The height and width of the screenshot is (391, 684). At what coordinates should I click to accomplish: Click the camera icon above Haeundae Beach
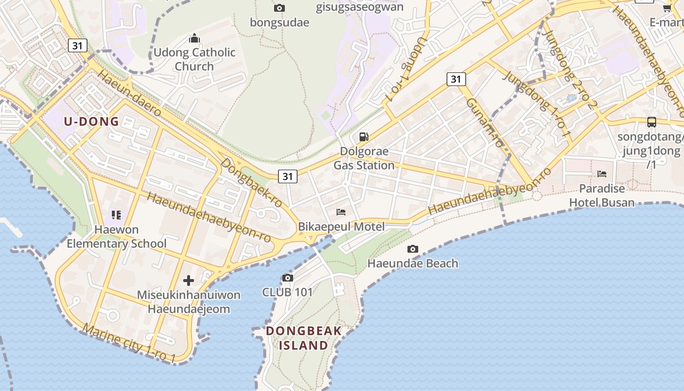[x=413, y=249]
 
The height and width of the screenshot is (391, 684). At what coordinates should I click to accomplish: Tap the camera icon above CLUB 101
[x=288, y=278]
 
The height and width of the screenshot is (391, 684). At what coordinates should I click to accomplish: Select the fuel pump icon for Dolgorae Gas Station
[x=364, y=137]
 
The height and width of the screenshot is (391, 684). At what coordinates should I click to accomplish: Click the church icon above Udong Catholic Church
[x=194, y=38]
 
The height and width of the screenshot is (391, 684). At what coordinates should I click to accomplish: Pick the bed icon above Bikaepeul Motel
[x=342, y=212]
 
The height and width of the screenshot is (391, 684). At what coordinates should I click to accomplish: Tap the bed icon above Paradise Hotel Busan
[x=602, y=174]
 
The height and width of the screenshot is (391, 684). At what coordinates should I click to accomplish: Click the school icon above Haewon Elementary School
[x=116, y=215]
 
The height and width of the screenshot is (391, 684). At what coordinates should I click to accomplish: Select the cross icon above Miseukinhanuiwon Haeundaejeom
[x=189, y=281]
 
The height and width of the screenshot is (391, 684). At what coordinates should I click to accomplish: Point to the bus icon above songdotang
[x=651, y=122]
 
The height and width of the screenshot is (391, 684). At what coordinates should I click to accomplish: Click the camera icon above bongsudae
[x=279, y=8]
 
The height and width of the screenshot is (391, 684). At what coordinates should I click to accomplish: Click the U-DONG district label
[x=91, y=122]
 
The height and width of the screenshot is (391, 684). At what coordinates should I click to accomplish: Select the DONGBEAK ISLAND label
[x=303, y=338]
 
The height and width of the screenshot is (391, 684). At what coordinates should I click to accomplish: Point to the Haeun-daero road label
[x=129, y=93]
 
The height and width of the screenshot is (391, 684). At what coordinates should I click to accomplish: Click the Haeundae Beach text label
[x=413, y=263]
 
